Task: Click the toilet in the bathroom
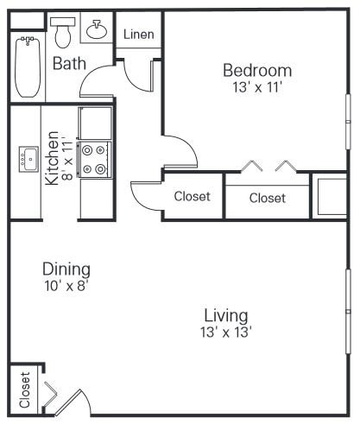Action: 63,33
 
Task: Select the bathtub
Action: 28,67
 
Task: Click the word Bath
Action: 69,63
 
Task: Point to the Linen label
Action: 139,35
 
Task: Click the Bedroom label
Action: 257,71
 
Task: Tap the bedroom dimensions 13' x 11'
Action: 256,87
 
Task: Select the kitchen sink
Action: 28,159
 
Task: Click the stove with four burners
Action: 94,159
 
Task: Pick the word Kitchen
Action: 52,158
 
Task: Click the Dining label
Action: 66,269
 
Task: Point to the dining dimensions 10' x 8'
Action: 66,286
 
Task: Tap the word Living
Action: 226,316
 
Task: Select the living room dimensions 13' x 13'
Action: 226,332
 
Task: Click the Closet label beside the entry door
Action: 25,389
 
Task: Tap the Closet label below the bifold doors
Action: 268,198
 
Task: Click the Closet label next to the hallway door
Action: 192,196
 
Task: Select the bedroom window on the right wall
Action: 348,122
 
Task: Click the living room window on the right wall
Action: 348,312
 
